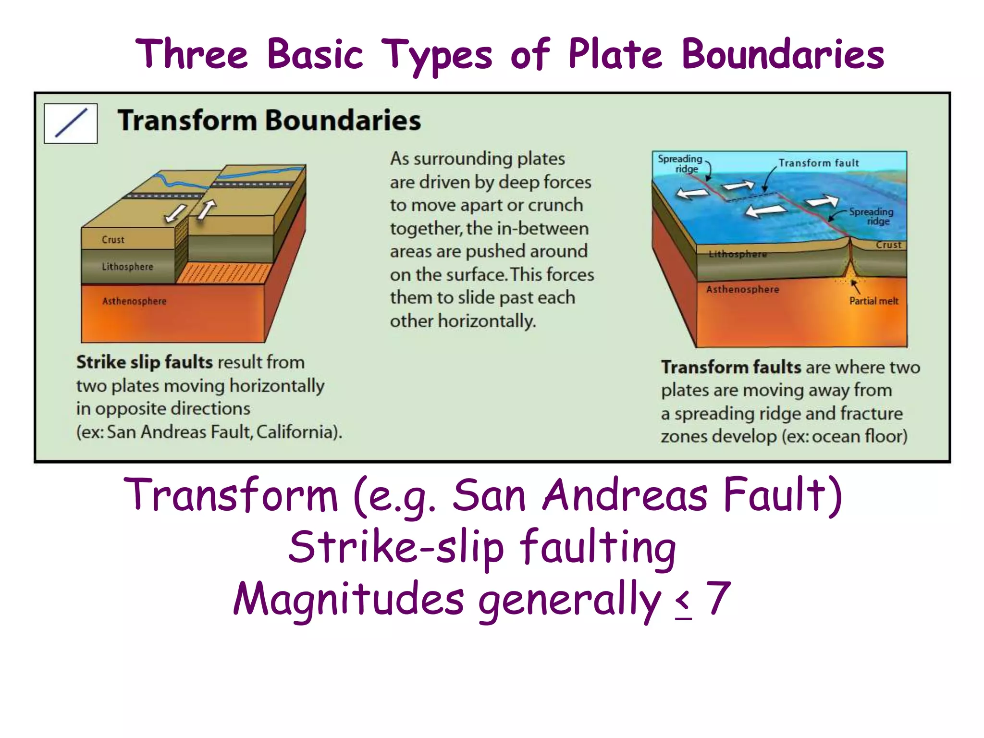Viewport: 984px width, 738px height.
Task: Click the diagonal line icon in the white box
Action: coord(71,123)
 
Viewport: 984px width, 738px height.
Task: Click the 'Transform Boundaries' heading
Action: coord(269,120)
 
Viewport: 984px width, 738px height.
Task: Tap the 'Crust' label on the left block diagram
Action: coord(113,240)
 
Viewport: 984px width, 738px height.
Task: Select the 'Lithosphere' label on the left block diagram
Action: coord(127,267)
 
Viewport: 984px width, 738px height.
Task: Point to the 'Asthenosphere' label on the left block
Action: coord(134,301)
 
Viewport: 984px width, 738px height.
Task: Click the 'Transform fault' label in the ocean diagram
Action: coord(818,163)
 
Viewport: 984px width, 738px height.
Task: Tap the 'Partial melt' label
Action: coord(873,301)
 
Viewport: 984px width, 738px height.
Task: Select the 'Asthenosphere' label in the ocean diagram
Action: coord(742,289)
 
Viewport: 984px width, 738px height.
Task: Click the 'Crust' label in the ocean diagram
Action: coord(888,245)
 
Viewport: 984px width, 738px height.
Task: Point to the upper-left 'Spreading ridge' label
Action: coord(680,163)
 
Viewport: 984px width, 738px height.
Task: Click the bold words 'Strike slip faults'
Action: coord(144,362)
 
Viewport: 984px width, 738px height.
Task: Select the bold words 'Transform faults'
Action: coord(731,368)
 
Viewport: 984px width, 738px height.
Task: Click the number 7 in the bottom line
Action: coord(718,598)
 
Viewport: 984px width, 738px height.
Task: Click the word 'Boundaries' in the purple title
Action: coord(783,54)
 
